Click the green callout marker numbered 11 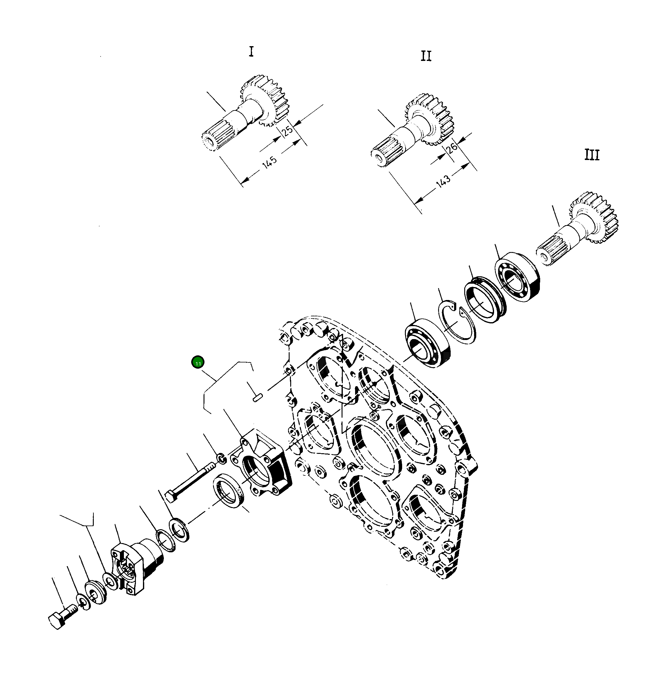pos(198,362)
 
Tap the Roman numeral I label pos(251,52)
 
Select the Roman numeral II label pos(426,56)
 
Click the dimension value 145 pos(270,162)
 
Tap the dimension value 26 pos(452,147)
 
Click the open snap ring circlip pos(457,324)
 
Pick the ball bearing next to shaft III pos(517,277)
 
